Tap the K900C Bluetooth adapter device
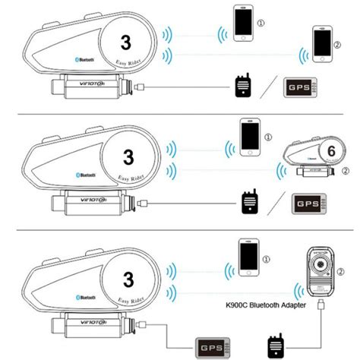coord(323,270)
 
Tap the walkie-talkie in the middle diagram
coord(248,203)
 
